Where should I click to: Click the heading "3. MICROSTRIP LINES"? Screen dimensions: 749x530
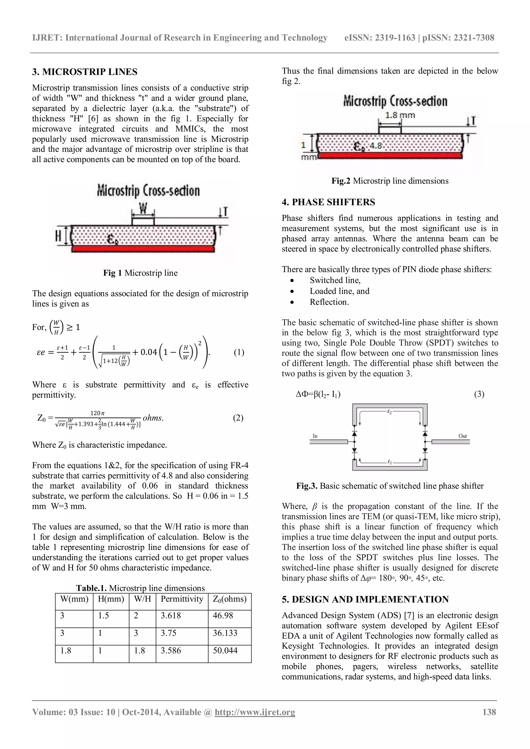(85, 72)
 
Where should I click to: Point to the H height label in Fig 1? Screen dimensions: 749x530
(58, 236)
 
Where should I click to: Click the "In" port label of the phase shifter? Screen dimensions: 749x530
(315, 436)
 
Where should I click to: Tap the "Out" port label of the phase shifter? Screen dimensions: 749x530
(462, 436)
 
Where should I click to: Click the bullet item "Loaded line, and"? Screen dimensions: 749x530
(339, 291)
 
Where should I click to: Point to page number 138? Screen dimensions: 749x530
(489, 712)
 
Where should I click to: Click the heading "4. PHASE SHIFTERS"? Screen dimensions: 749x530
(328, 202)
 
